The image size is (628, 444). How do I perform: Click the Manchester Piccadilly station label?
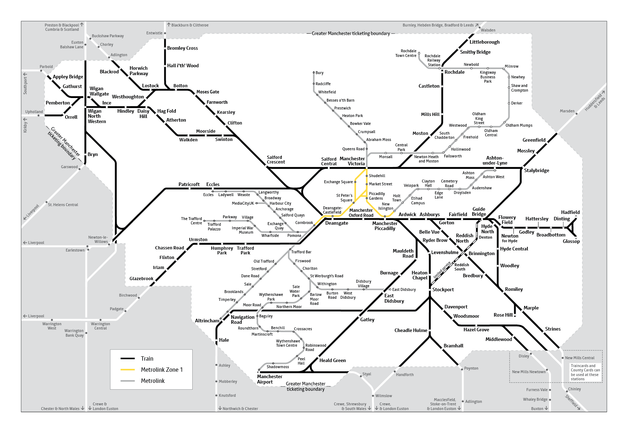tap(385, 226)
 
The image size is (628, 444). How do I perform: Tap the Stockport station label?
tap(443, 289)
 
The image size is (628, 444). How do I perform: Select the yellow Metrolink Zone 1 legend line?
tap(127, 370)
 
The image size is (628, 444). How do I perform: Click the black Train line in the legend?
tap(127, 358)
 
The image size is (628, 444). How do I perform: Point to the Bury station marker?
tap(314, 73)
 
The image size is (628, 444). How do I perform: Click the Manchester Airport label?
tap(270, 379)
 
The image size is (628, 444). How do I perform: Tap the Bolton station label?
tap(180, 86)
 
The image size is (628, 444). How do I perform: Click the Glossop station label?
tap(571, 241)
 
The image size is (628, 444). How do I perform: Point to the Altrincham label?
tap(207, 321)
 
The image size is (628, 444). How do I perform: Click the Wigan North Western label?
tap(97, 116)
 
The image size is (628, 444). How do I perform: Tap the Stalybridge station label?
tap(536, 170)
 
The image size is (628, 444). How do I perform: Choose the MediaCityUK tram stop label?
tap(243, 203)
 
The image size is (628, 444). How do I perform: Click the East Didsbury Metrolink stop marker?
tap(390, 289)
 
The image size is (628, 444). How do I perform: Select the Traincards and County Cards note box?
tap(585, 372)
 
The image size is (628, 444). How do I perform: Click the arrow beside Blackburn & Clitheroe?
tap(169, 25)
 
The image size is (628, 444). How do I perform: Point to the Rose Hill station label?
tap(503, 315)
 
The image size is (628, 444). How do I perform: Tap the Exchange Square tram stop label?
tap(338, 182)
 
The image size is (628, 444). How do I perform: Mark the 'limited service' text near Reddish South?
tap(442, 270)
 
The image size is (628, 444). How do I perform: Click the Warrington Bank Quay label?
tap(74, 333)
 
